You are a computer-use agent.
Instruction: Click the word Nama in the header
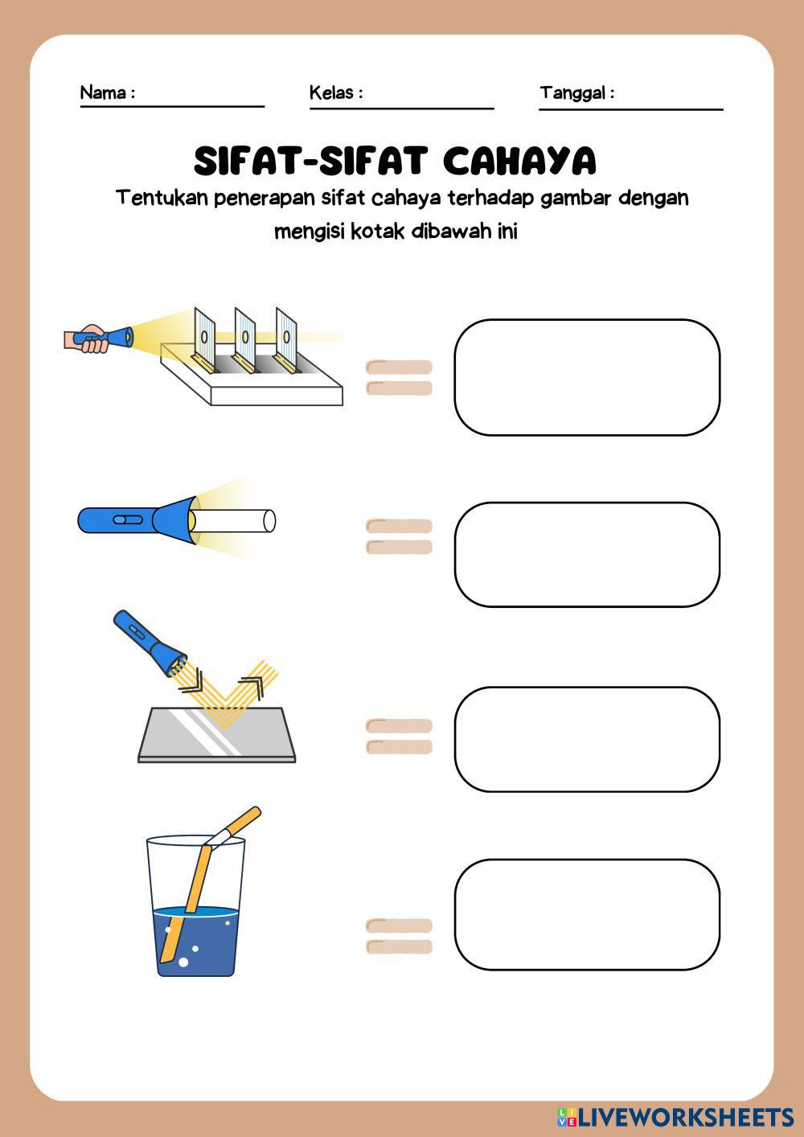[103, 92]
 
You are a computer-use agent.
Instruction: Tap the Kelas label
[331, 92]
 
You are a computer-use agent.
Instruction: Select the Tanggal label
[572, 93]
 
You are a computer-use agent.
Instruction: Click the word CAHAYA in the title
[519, 161]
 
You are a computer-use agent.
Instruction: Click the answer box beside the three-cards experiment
[587, 377]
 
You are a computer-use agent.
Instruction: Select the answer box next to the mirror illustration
[587, 739]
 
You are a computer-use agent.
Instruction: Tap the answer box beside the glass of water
[587, 915]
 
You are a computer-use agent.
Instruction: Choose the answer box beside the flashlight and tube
[587, 554]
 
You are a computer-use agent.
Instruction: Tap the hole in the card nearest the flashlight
[204, 337]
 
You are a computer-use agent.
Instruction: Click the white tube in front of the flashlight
[232, 521]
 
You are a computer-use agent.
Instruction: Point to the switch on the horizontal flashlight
[127, 519]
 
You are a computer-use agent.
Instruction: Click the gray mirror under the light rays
[217, 734]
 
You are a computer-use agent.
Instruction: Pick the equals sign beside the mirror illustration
[399, 736]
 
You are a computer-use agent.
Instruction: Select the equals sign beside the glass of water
[399, 936]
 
